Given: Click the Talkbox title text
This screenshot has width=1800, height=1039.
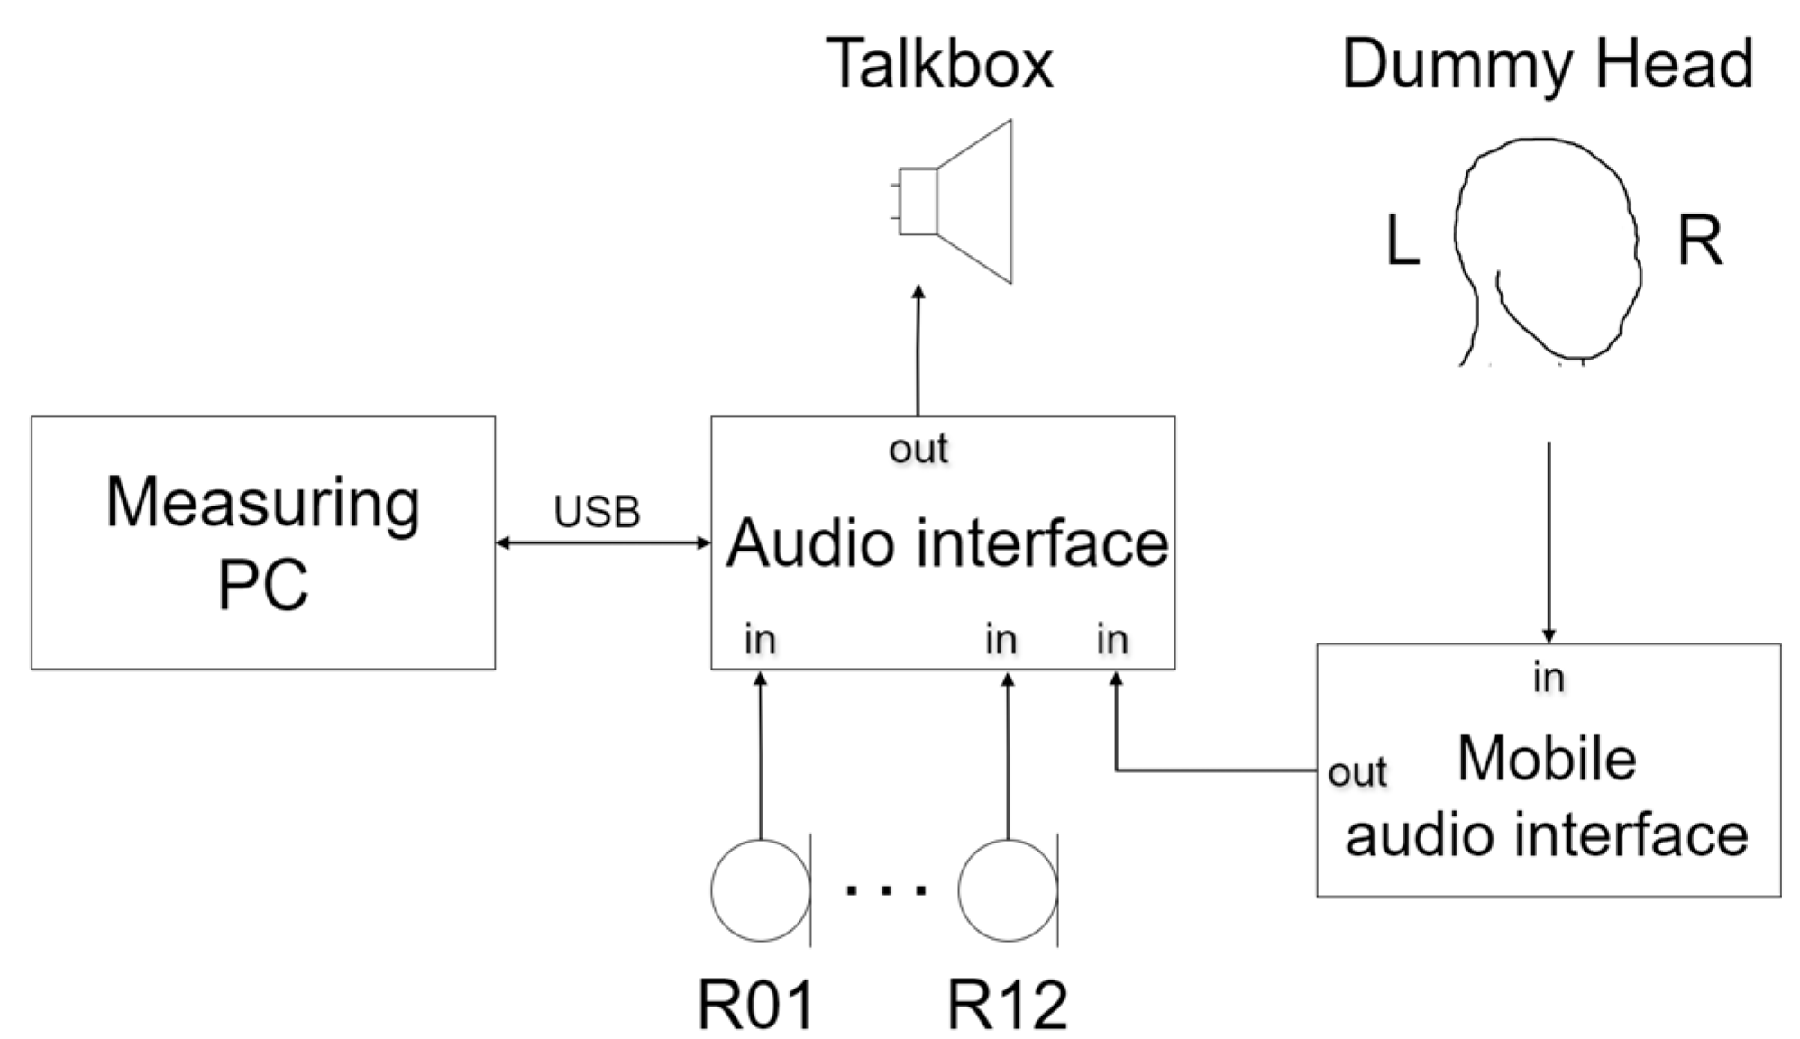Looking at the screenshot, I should point(938,64).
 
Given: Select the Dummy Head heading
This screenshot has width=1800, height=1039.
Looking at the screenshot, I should point(1547,64).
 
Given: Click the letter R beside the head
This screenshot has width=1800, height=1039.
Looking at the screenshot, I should point(1699,242).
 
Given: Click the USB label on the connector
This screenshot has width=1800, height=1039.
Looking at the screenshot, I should point(597,512).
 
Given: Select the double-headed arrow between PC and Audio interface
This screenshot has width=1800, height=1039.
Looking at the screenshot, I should point(602,542).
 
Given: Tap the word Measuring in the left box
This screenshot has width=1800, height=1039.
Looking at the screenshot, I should point(262,502).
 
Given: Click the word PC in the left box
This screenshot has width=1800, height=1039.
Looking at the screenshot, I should point(262,584).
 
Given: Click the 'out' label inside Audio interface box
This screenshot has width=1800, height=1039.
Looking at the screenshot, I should point(918,448).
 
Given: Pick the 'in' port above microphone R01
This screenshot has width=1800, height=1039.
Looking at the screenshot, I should point(759,640).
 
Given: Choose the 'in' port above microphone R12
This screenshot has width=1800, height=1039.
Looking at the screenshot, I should point(1001,640).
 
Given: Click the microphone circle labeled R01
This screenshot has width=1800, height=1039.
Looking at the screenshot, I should point(760,890).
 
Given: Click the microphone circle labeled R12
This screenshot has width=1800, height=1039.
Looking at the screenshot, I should point(1007,890).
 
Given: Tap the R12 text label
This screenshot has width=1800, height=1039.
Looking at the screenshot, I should point(1007,1004).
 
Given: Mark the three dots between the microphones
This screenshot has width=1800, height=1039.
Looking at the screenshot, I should point(885,890).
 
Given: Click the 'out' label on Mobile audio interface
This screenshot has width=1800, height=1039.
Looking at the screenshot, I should point(1357,772).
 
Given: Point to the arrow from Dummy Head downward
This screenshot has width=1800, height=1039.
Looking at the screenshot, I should point(1549,541).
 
